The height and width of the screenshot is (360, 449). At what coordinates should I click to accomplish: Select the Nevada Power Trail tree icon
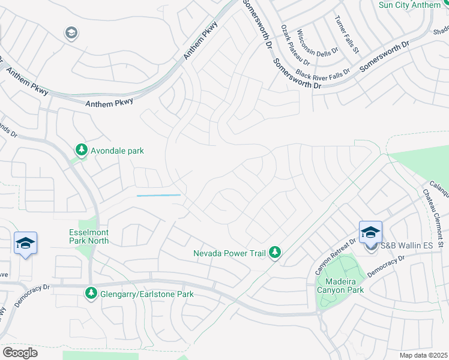pyautogui.click(x=275, y=252)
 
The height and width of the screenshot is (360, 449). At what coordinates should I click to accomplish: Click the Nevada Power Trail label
pyautogui.click(x=229, y=253)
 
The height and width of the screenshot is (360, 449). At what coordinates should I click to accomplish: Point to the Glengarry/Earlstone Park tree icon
pyautogui.click(x=91, y=293)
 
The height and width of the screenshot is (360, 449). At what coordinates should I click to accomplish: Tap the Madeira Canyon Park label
pyautogui.click(x=340, y=285)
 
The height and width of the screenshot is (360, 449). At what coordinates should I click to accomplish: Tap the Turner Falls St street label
pyautogui.click(x=347, y=34)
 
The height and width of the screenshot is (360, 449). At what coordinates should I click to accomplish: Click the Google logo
pyautogui.click(x=20, y=353)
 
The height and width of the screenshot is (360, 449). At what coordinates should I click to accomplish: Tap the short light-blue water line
pyautogui.click(x=158, y=195)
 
